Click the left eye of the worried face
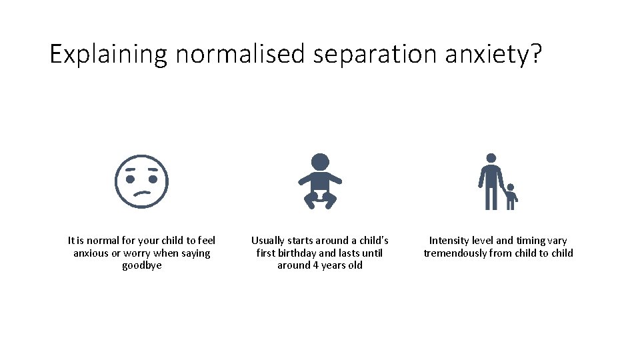[x=131, y=179]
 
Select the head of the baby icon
[x=320, y=162]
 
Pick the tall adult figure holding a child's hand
[x=491, y=181]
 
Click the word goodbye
[x=141, y=265]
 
